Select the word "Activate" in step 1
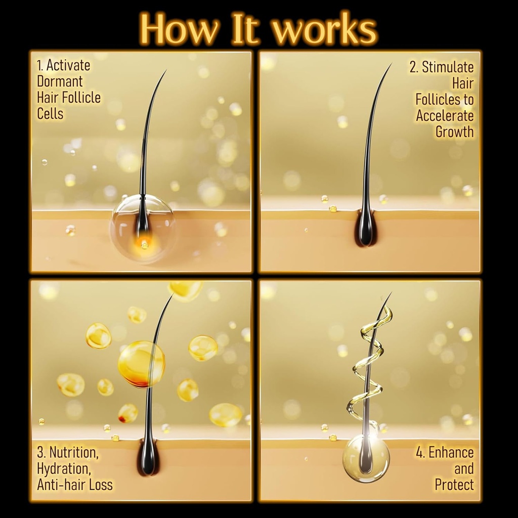pyautogui.click(x=69, y=65)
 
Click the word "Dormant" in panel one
pyautogui.click(x=60, y=81)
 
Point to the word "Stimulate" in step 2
pyautogui.click(x=448, y=67)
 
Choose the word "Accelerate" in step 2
pyautogui.click(x=445, y=116)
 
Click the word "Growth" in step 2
pyautogui.click(x=454, y=132)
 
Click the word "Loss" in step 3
pyautogui.click(x=101, y=485)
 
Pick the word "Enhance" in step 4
pyautogui.click(x=451, y=452)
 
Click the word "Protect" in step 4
pyautogui.click(x=454, y=485)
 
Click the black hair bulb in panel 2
pyautogui.click(x=365, y=230)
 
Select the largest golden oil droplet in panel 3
pyautogui.click(x=141, y=364)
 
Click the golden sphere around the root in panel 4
pyautogui.click(x=366, y=458)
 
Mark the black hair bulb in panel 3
pyautogui.click(x=148, y=458)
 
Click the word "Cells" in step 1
pyautogui.click(x=50, y=114)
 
